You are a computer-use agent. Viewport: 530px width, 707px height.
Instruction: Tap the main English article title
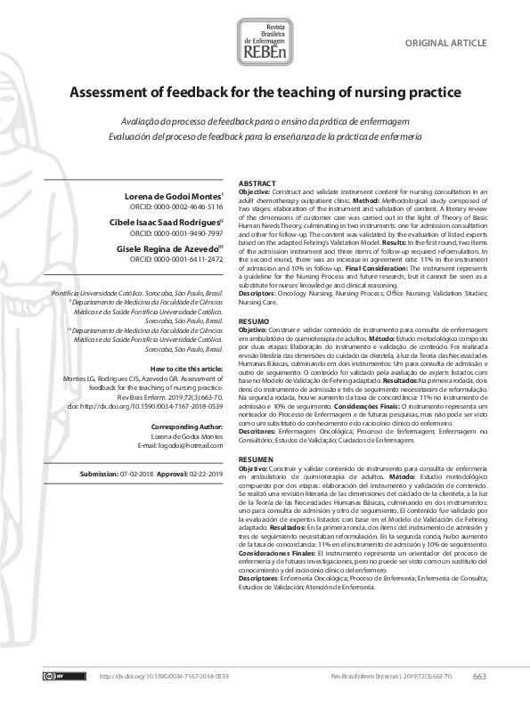point(265,93)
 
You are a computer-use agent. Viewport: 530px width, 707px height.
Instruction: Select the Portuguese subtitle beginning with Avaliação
point(265,120)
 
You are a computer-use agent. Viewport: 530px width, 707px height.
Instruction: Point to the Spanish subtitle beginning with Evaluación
point(265,135)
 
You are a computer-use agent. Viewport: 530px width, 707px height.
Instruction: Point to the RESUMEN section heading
point(257,458)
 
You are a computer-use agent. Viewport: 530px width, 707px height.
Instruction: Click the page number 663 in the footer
point(480,677)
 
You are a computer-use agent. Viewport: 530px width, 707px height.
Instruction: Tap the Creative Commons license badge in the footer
point(54,677)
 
